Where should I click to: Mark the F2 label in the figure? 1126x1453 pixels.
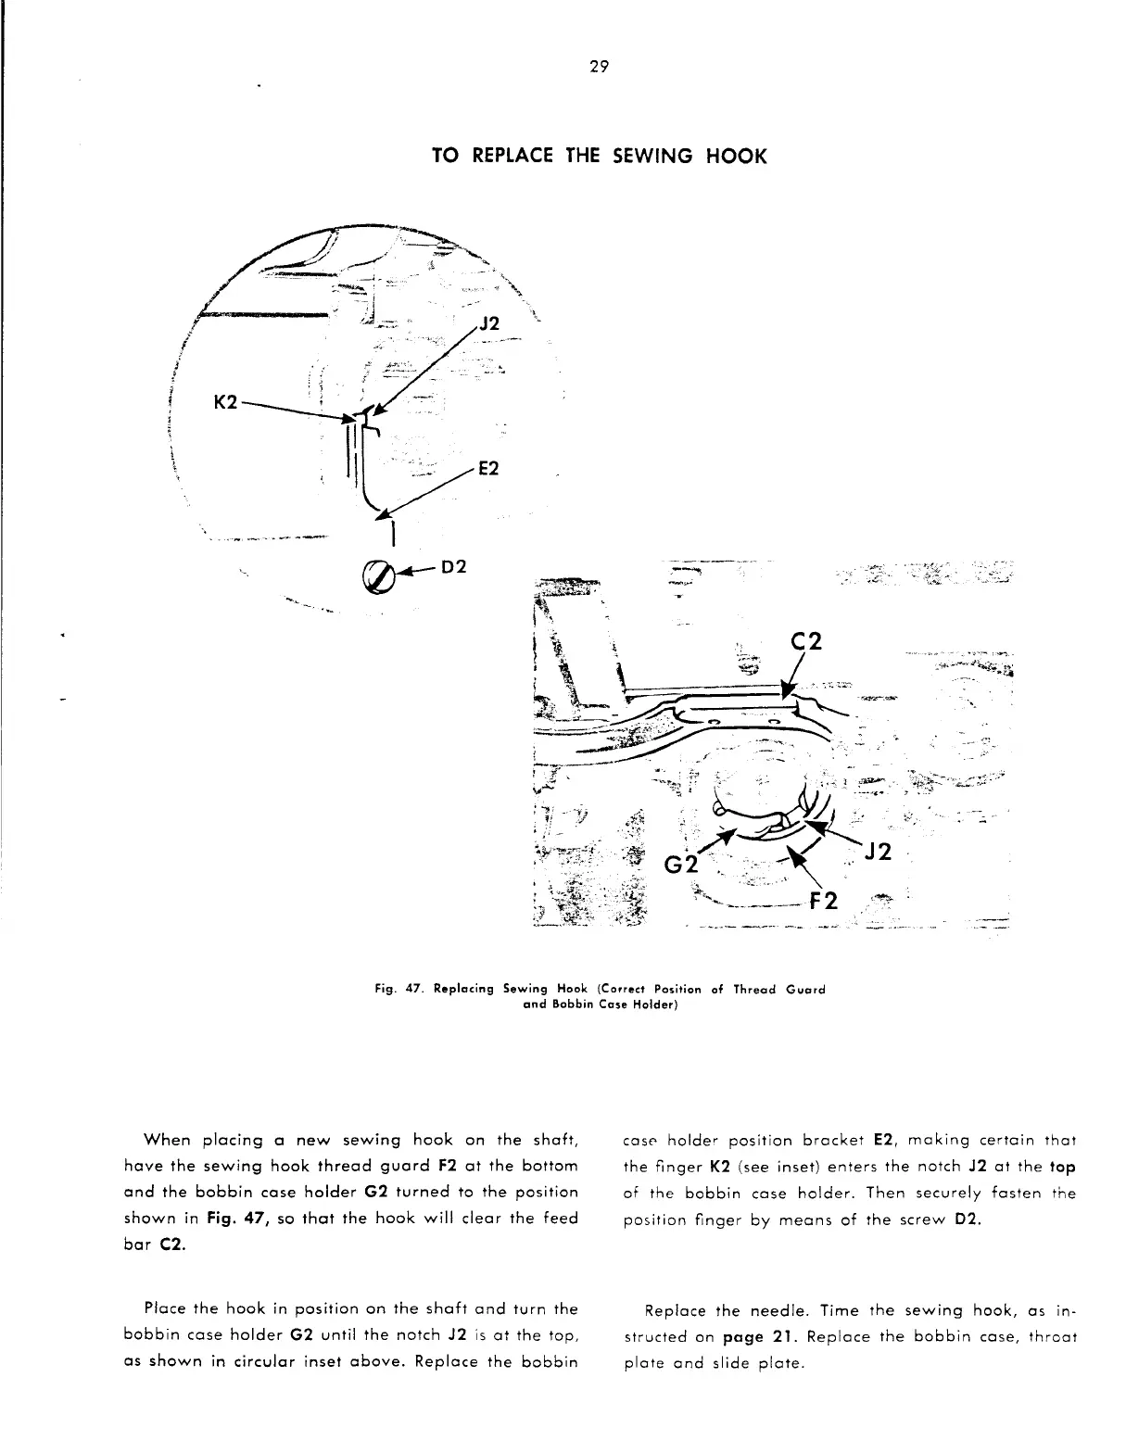pos(825,901)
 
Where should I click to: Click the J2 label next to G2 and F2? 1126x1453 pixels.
pos(875,852)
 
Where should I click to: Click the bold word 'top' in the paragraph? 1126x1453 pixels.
pos(1061,1165)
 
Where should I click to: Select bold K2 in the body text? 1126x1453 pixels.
pos(721,1165)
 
